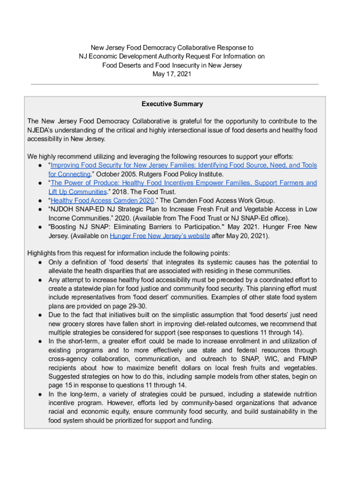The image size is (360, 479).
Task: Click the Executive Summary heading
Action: (x=172, y=104)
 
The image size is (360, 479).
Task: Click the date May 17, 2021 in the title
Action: (x=172, y=74)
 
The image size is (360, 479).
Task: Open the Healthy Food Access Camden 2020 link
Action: (x=102, y=201)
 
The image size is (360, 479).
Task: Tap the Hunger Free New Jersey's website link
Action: (x=160, y=236)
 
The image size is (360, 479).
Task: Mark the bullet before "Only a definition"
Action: (x=41, y=262)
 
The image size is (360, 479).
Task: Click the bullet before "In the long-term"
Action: (x=41, y=394)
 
